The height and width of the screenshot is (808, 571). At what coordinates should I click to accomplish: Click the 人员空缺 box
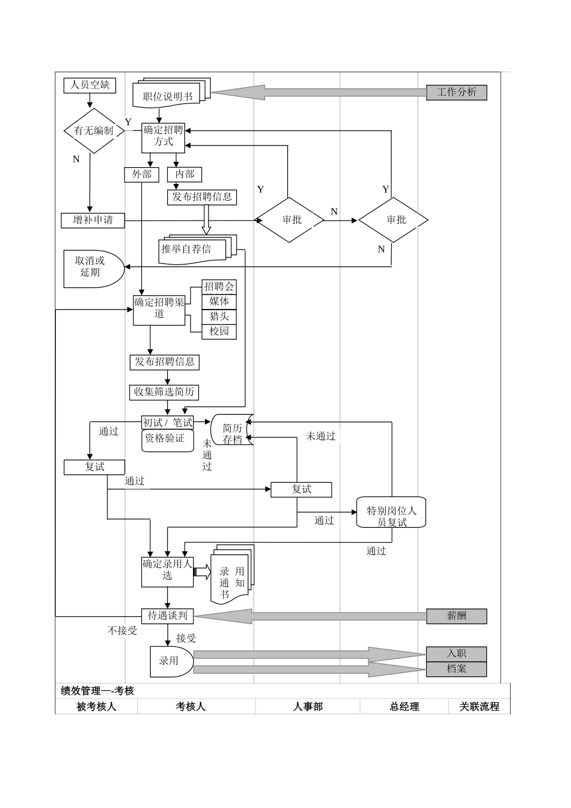click(90, 85)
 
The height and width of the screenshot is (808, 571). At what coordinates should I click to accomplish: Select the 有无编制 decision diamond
click(93, 130)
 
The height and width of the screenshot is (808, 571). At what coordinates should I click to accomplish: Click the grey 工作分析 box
click(456, 92)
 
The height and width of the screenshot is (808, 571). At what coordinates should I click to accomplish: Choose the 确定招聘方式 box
click(163, 136)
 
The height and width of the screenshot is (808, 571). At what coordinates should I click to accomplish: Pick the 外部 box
click(142, 174)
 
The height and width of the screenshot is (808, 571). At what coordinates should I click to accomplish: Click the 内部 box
click(185, 174)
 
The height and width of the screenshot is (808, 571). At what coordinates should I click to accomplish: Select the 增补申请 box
click(93, 221)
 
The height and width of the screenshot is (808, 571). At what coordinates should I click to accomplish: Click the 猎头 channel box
click(219, 316)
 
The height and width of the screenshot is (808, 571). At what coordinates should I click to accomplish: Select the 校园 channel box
click(219, 331)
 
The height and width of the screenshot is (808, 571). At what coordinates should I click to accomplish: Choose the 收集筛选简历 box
click(164, 392)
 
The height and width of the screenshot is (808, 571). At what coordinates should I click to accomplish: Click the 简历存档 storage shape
click(232, 430)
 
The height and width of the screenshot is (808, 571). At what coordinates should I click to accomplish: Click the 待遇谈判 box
click(168, 616)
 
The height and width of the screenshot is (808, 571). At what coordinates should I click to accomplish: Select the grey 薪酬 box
click(456, 616)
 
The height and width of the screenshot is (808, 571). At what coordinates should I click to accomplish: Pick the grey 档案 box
click(456, 669)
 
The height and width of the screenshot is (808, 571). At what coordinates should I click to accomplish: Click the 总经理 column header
click(404, 706)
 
